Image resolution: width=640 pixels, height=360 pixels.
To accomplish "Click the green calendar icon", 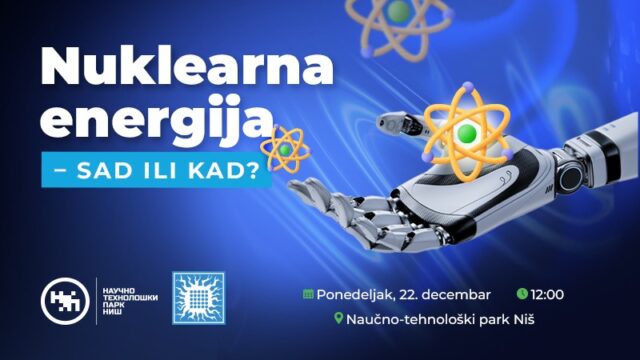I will [309, 295].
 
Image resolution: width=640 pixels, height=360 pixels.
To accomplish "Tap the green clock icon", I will [522, 294].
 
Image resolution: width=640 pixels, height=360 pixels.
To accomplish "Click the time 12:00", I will [549, 294].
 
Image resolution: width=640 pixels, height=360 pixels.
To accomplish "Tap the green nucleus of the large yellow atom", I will [465, 133].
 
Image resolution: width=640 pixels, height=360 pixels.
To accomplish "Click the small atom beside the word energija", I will [287, 149].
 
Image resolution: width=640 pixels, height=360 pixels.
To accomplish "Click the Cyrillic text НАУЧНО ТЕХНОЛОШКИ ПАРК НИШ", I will [126, 298].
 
